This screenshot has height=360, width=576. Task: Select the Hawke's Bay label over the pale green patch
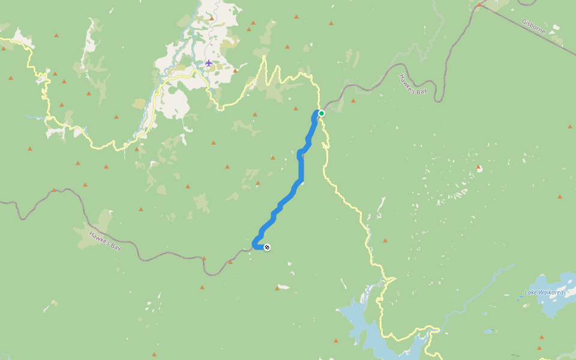point(104,240)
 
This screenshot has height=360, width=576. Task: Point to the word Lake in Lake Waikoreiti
point(530,292)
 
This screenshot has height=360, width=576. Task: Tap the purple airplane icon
point(208,63)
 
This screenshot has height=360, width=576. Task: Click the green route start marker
point(322,113)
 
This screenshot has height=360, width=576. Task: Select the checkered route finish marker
point(267,247)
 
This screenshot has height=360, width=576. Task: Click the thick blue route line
point(301,168)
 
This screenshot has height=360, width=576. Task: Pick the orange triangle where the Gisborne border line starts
point(479,5)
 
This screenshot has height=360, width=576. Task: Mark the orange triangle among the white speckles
point(478,166)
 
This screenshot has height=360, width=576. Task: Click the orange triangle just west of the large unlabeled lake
point(335,341)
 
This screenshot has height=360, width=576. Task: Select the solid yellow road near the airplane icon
point(180,75)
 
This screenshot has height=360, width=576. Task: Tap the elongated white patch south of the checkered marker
point(283,287)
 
